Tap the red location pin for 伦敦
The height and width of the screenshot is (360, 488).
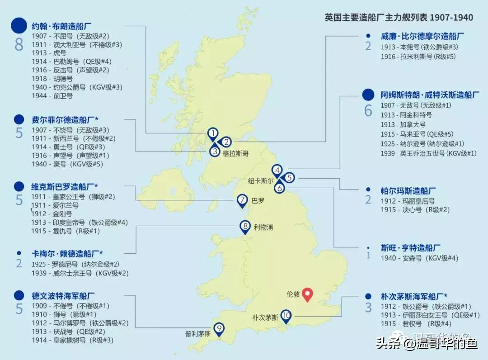point(308,294)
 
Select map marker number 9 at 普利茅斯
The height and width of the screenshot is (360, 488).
point(219,329)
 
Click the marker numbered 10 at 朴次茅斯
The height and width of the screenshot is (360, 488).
point(286,316)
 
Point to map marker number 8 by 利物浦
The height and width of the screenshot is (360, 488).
point(245,227)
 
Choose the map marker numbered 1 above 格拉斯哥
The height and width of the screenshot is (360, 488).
point(212,133)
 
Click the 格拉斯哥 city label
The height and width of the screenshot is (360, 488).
point(235,154)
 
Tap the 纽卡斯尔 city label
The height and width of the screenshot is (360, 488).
point(261,180)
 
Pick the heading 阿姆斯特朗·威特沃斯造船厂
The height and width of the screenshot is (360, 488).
point(430,95)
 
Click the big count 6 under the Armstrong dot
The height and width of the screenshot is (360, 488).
point(368,110)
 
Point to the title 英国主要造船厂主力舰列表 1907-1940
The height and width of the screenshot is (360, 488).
point(399,18)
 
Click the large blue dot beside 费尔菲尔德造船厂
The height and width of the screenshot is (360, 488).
point(19,119)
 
